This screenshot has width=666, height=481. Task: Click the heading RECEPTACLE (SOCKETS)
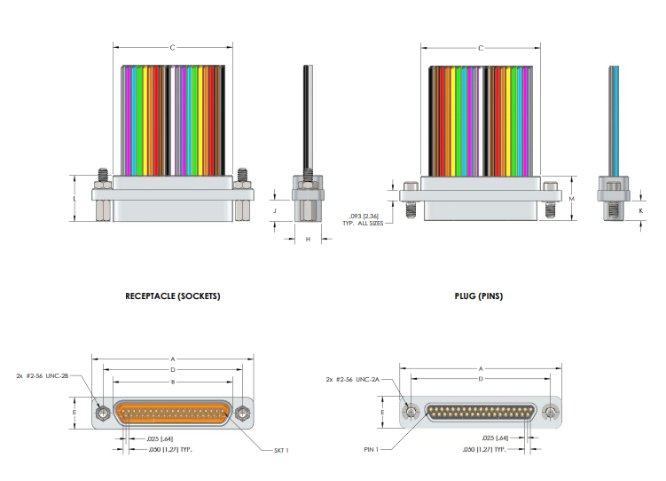pyautogui.click(x=172, y=296)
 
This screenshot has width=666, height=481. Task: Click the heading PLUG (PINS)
pyautogui.click(x=479, y=296)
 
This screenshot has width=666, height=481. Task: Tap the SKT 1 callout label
pyautogui.click(x=281, y=451)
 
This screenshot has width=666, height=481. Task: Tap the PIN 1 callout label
pyautogui.click(x=371, y=449)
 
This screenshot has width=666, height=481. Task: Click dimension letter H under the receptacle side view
pyautogui.click(x=308, y=240)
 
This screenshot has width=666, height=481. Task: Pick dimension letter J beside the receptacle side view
pyautogui.click(x=275, y=210)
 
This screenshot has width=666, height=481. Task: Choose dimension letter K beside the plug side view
pyautogui.click(x=641, y=210)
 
